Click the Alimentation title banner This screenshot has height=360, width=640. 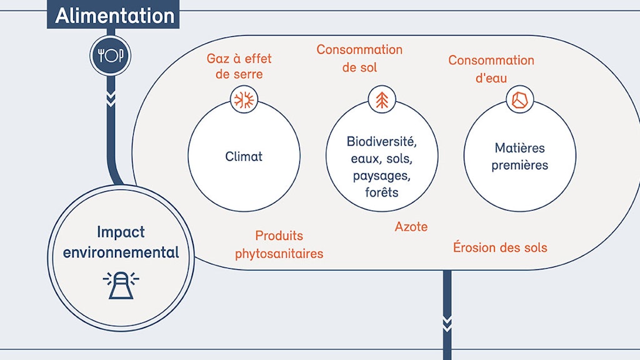114,15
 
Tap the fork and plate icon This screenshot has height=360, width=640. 111,56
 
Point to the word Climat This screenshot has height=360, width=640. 244,156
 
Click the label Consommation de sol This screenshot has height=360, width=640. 359,57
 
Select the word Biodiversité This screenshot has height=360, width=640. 381,141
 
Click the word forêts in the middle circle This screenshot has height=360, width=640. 381,192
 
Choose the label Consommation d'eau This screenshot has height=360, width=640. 491,69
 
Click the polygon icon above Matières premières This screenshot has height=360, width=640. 519,99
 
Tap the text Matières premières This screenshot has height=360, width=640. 519,157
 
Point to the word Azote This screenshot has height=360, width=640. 411,226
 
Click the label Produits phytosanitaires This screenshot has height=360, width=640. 279,244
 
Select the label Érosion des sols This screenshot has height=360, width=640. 500,247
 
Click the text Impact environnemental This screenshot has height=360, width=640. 121,242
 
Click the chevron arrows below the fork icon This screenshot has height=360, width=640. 111,99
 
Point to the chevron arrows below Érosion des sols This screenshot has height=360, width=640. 447,322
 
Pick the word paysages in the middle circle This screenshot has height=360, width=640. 381,176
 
